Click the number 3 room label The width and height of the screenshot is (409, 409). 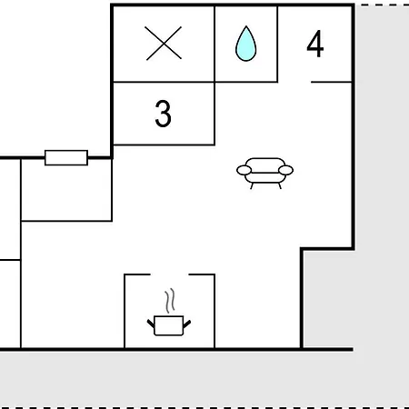coord(163,114)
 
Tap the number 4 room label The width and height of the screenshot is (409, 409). coord(315,44)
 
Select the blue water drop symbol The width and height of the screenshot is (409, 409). coord(245,45)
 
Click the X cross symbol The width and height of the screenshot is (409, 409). coord(164,44)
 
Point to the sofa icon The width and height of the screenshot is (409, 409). coord(264,173)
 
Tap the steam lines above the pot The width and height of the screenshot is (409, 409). coord(170,301)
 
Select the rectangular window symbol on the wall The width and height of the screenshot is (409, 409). coord(66,157)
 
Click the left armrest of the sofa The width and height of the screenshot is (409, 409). coord(244,170)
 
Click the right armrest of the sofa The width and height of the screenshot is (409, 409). coord(285,170)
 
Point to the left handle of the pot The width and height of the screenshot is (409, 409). coord(151,324)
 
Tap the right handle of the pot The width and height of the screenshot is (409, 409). coord(187,324)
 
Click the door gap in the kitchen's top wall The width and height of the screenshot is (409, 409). coord(169,274)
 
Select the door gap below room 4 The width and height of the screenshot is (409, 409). coord(294,82)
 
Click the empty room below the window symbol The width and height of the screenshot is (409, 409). coord(66,190)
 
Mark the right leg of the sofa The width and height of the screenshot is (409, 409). coord(280,185)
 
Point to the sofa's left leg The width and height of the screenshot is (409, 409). coord(252,185)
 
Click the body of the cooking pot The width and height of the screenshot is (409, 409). coord(169,326)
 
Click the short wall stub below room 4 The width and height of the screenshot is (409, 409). coord(332,82)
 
